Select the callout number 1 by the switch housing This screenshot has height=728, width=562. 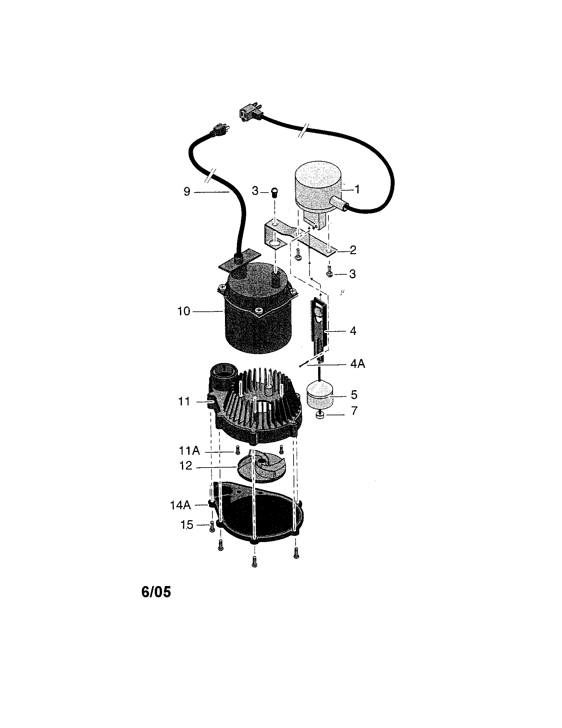point(357,189)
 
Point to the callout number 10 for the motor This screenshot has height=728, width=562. point(184,311)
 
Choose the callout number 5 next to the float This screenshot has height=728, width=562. point(354,395)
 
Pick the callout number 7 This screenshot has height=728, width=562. point(354,411)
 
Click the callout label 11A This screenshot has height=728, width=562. point(189,451)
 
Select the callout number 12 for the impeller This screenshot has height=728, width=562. point(186,466)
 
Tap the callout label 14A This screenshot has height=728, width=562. point(181,505)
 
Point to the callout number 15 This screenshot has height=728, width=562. point(187,525)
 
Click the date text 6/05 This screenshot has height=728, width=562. point(156,592)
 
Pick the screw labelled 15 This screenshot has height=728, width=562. point(211,527)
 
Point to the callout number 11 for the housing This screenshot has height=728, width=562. point(184,402)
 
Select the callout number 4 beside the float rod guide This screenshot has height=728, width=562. point(353,331)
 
